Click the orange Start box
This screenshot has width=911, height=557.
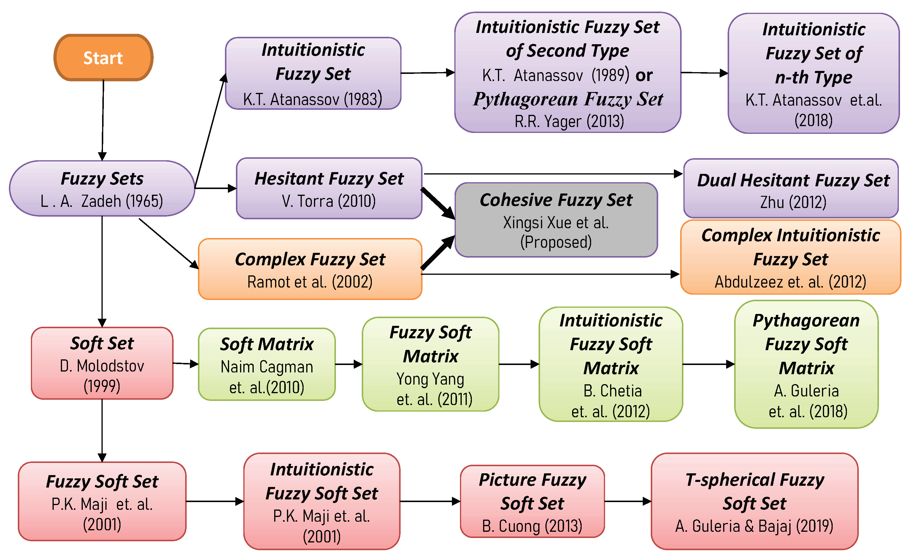pos(103,58)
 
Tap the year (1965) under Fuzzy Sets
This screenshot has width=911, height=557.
pos(144,201)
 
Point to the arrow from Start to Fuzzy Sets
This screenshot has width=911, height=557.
pos(103,118)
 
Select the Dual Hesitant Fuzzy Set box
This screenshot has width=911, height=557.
pos(791,188)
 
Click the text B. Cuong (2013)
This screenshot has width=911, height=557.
pos(532,526)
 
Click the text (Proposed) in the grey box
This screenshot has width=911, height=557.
pos(556,242)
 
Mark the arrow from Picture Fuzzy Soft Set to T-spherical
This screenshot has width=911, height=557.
pos(628,502)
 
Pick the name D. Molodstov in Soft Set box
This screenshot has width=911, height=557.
pos(102,366)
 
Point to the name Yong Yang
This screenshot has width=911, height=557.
pos(430,379)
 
